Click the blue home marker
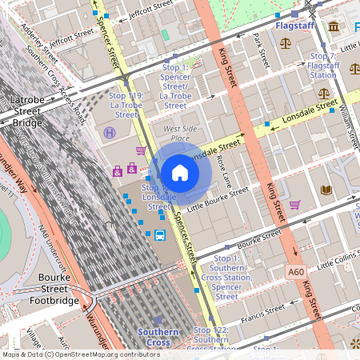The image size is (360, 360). [180, 173]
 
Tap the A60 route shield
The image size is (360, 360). [296, 272]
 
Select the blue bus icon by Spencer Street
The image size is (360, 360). [160, 235]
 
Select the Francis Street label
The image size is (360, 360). [264, 309]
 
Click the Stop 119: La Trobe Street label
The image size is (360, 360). [126, 99]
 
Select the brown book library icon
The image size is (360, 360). [326, 190]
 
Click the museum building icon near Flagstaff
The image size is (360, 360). [333, 27]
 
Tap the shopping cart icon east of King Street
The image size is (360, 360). [294, 205]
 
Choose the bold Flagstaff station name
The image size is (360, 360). [294, 26]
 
